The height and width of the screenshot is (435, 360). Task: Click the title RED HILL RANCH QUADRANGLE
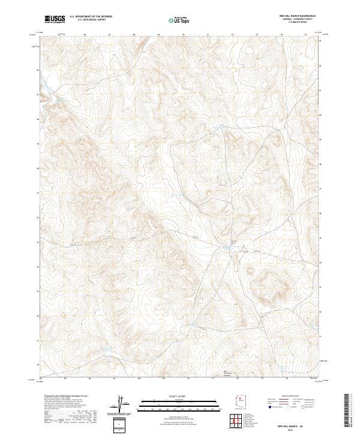pyautogui.click(x=296, y=16)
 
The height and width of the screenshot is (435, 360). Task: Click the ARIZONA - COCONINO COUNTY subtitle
pyautogui.click(x=296, y=19)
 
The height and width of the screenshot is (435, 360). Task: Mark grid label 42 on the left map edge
pyautogui.click(x=37, y=70)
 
